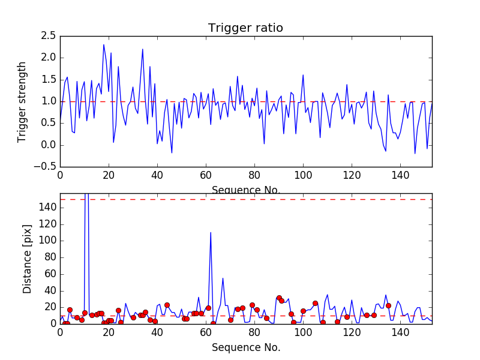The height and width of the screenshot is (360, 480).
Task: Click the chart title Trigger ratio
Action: (245, 28)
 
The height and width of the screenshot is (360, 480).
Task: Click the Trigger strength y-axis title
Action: (22, 101)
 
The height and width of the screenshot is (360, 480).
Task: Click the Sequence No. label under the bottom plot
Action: (245, 347)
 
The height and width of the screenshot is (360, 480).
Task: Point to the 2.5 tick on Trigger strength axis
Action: (48, 36)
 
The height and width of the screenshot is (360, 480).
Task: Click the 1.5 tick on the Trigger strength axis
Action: (48, 80)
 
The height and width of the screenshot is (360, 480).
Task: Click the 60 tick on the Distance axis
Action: (49, 274)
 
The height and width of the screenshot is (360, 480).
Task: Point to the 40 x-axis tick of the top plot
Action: (157, 175)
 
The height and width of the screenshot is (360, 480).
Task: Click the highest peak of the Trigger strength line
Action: (104, 44)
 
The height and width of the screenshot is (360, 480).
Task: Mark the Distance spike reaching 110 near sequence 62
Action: (211, 232)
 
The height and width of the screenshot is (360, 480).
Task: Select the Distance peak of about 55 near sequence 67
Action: (223, 278)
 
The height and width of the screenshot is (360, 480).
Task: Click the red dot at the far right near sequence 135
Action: (388, 305)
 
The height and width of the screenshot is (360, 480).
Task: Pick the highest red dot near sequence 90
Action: (279, 298)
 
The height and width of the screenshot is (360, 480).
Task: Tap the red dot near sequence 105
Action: (315, 303)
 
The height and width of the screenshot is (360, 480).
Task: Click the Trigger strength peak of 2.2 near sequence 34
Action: (143, 49)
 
